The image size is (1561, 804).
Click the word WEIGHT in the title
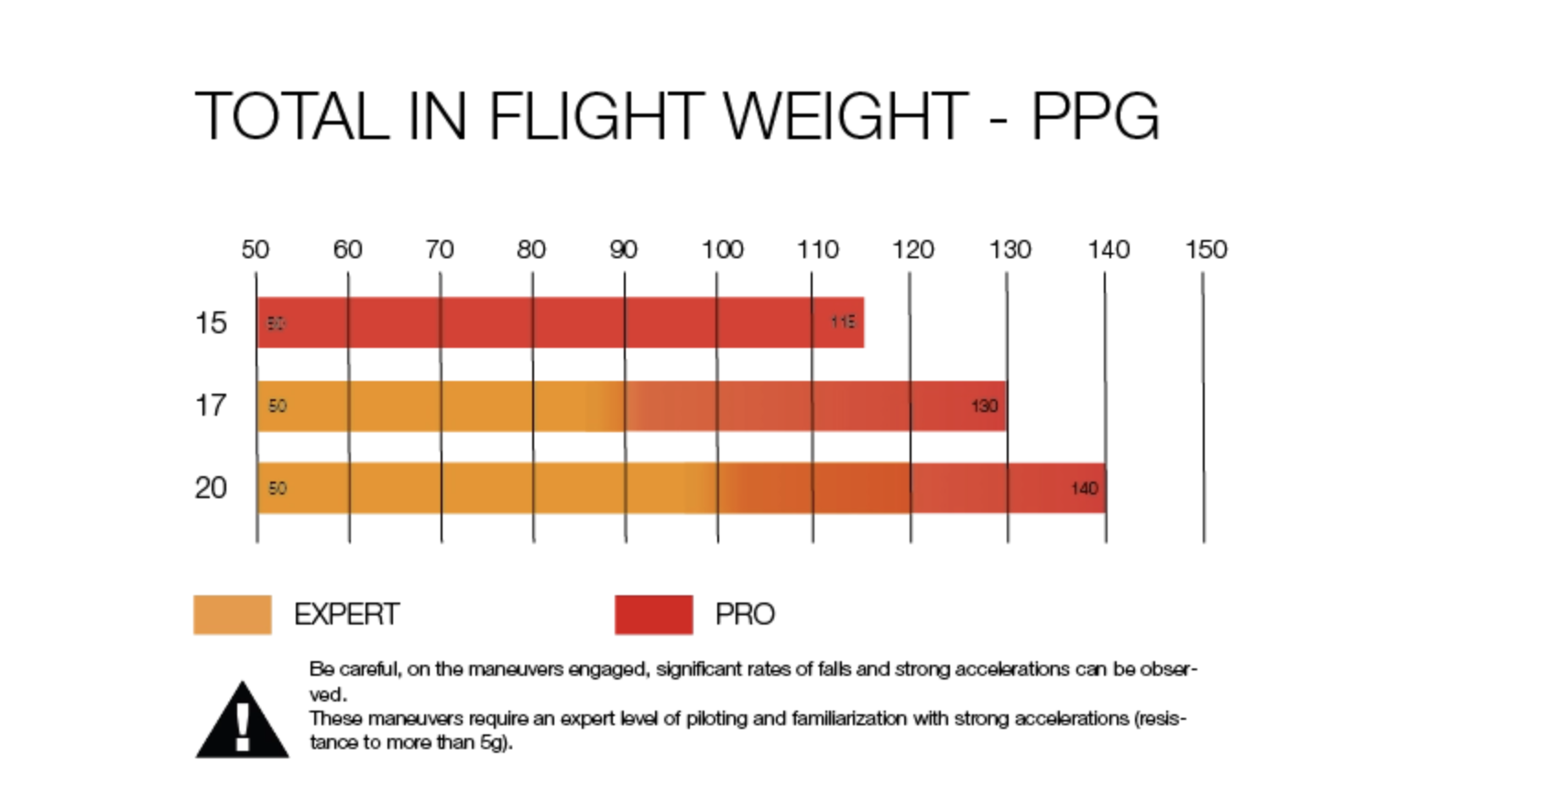845,116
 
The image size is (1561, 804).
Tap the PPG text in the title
1095,116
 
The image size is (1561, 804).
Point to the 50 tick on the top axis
255,249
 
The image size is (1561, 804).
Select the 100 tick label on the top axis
722,249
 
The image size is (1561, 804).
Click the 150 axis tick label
1206,249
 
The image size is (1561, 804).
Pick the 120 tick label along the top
912,249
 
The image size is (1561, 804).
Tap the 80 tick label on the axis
531,249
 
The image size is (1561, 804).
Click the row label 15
211,322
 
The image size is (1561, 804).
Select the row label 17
211,405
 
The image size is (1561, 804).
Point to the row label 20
211,487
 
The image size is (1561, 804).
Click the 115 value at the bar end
843,321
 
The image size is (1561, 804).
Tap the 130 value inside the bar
984,406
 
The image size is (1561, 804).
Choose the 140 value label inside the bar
1084,488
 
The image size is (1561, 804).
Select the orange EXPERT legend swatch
232,614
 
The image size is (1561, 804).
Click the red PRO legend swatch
653,614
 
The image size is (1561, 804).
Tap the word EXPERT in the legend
346,614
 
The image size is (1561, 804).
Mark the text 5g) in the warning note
496,743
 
